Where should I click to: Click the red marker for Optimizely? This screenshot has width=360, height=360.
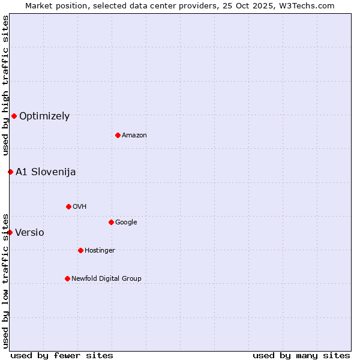tap(14, 116)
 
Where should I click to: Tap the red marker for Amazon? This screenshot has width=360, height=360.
tap(118, 135)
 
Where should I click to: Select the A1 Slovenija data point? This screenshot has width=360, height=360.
tap(10, 172)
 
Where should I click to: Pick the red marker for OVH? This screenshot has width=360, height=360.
tap(68, 206)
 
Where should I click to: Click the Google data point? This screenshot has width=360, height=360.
tap(111, 222)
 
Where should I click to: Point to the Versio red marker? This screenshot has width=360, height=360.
tap(10, 232)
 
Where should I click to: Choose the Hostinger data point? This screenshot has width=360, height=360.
tap(80, 250)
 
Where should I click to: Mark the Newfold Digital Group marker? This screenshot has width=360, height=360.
tap(67, 278)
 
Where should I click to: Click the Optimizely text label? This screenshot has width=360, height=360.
tap(44, 116)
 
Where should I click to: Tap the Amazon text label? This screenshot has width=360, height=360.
tap(134, 136)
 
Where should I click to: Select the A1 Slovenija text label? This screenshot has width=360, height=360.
tap(46, 172)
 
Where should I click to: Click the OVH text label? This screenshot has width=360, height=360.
tap(80, 207)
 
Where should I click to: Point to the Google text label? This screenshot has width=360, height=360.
tap(126, 223)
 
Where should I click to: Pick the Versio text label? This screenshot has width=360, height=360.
tap(29, 233)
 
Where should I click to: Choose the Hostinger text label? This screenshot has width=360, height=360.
tap(100, 251)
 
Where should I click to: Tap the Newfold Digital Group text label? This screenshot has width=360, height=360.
tap(106, 279)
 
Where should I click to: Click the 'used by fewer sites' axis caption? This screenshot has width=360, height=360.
tap(62, 355)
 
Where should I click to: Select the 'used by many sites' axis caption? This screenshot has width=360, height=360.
tap(301, 355)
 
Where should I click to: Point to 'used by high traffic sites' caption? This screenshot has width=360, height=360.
tap(5, 86)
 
